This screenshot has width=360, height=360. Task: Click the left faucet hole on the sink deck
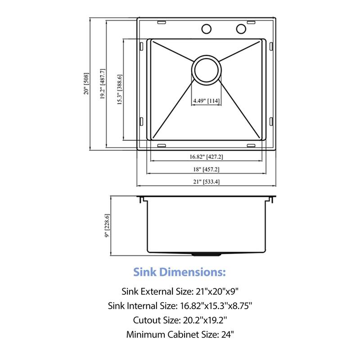coord(207,29)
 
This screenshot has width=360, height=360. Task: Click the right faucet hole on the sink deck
coord(241,29)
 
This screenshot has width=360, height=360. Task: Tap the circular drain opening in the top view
coord(207,70)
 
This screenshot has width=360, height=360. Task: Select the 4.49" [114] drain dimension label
coord(207,101)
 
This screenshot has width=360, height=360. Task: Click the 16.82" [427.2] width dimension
coord(207,157)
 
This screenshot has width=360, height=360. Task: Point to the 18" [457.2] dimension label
coord(207,169)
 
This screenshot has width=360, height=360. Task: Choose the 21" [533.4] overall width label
coord(207,181)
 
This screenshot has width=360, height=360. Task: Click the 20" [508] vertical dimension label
coord(86,84)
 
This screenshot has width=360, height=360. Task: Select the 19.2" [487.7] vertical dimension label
coord(103,84)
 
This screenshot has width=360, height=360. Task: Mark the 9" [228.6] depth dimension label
coord(107,225)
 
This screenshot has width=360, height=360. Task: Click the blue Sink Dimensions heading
coord(180,272)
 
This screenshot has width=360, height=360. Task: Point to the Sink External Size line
coord(180,291)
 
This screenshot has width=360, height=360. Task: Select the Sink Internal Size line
coord(180,306)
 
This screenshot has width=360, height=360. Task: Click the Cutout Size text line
coord(180,320)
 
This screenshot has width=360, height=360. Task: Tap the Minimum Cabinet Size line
coord(180,334)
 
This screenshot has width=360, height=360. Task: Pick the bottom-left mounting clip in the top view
coord(161,145)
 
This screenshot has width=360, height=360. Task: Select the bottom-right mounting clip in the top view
coord(252,145)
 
